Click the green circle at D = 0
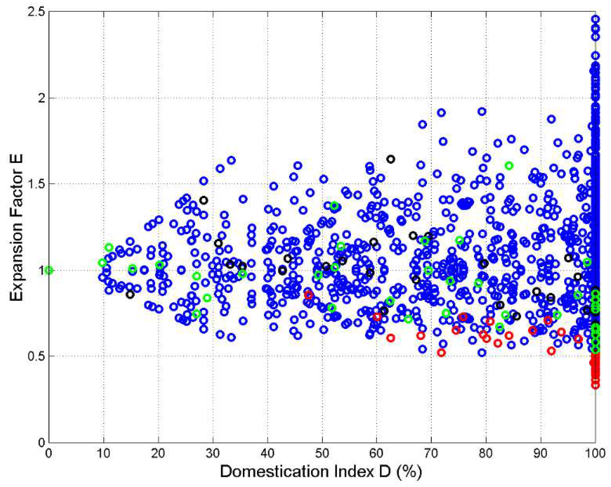pyautogui.click(x=49, y=271)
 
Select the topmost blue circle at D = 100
pyautogui.click(x=595, y=19)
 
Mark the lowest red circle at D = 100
pyautogui.click(x=595, y=386)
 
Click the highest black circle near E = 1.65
pyautogui.click(x=390, y=159)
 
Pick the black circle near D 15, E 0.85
pyautogui.click(x=130, y=295)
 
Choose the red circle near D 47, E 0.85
pyautogui.click(x=309, y=295)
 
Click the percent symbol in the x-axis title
pyautogui.click(x=409, y=471)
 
